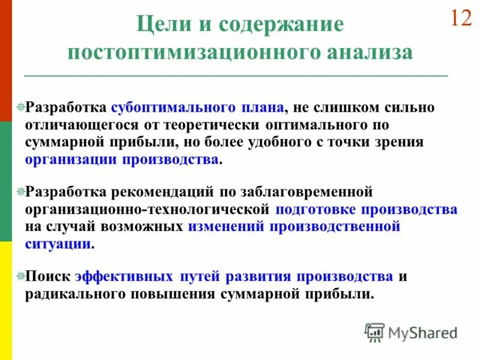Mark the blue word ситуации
click(x=58, y=244)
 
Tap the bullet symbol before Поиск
click(x=20, y=277)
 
